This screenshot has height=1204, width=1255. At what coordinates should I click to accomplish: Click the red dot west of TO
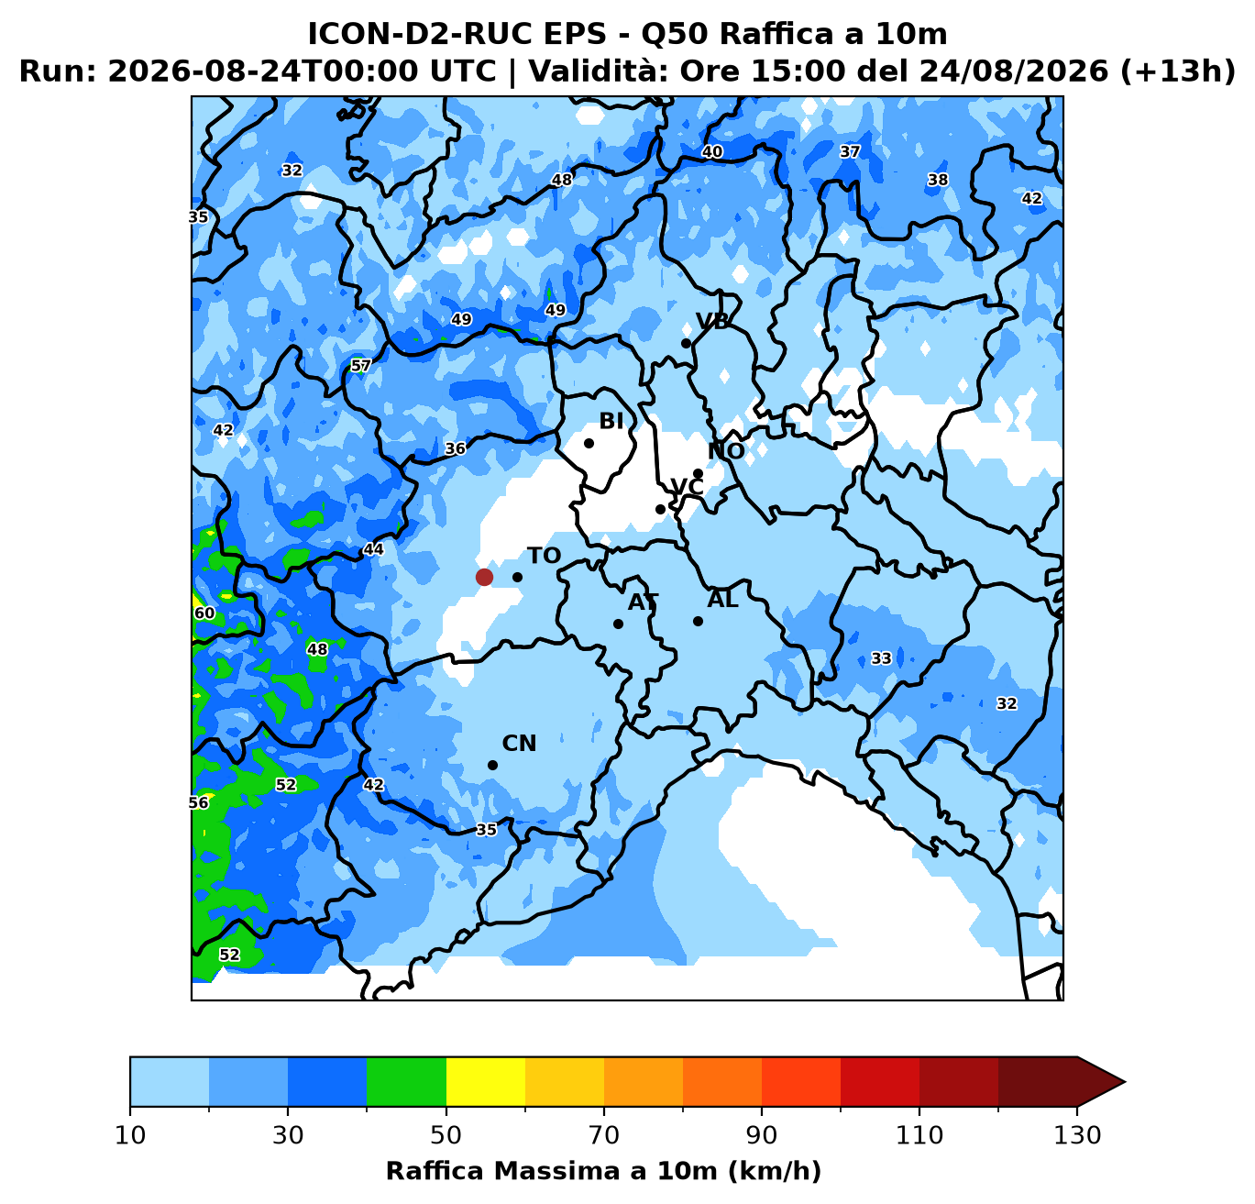(x=484, y=577)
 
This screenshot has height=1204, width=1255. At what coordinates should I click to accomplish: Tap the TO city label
(x=545, y=556)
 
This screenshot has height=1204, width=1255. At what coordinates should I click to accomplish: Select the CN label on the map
(x=519, y=744)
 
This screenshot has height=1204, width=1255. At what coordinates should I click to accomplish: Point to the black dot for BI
(x=589, y=443)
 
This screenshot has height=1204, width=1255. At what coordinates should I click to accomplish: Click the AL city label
(x=722, y=600)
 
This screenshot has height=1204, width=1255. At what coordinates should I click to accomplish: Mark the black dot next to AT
(x=618, y=624)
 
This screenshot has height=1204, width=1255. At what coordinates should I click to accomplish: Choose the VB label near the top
(x=712, y=321)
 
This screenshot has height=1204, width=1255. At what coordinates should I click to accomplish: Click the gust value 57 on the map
(x=360, y=366)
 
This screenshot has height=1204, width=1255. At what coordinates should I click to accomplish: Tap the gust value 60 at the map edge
(x=204, y=613)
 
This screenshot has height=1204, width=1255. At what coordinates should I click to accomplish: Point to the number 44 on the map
(x=373, y=549)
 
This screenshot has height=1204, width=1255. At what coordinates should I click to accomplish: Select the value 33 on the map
(x=881, y=658)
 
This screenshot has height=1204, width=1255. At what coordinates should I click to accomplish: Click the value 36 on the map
(x=456, y=448)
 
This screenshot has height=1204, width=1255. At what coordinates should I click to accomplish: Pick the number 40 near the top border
(x=712, y=151)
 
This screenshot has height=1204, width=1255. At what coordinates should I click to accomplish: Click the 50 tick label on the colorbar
(x=446, y=1135)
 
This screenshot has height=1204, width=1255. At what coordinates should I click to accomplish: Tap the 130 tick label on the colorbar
(x=1076, y=1135)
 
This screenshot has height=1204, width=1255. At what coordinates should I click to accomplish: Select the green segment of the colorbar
(x=406, y=1081)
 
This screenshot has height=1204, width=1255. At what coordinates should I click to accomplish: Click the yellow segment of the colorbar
(x=486, y=1081)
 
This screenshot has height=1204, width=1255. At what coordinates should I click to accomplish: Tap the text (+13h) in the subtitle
(x=1178, y=71)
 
